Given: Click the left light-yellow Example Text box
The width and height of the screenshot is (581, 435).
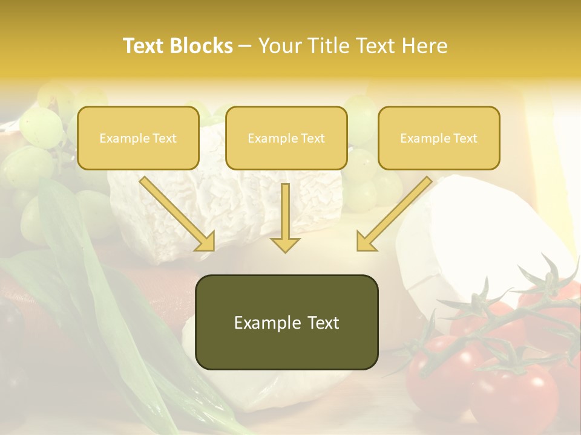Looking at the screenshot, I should click(138, 138).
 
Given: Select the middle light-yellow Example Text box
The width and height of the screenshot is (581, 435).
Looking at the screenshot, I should click(286, 138).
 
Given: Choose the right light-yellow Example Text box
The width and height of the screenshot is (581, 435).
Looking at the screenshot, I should click(439, 138).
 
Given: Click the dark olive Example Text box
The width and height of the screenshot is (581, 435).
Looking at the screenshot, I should click(286, 323).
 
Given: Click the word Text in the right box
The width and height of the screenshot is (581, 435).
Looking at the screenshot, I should click(465, 138).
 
